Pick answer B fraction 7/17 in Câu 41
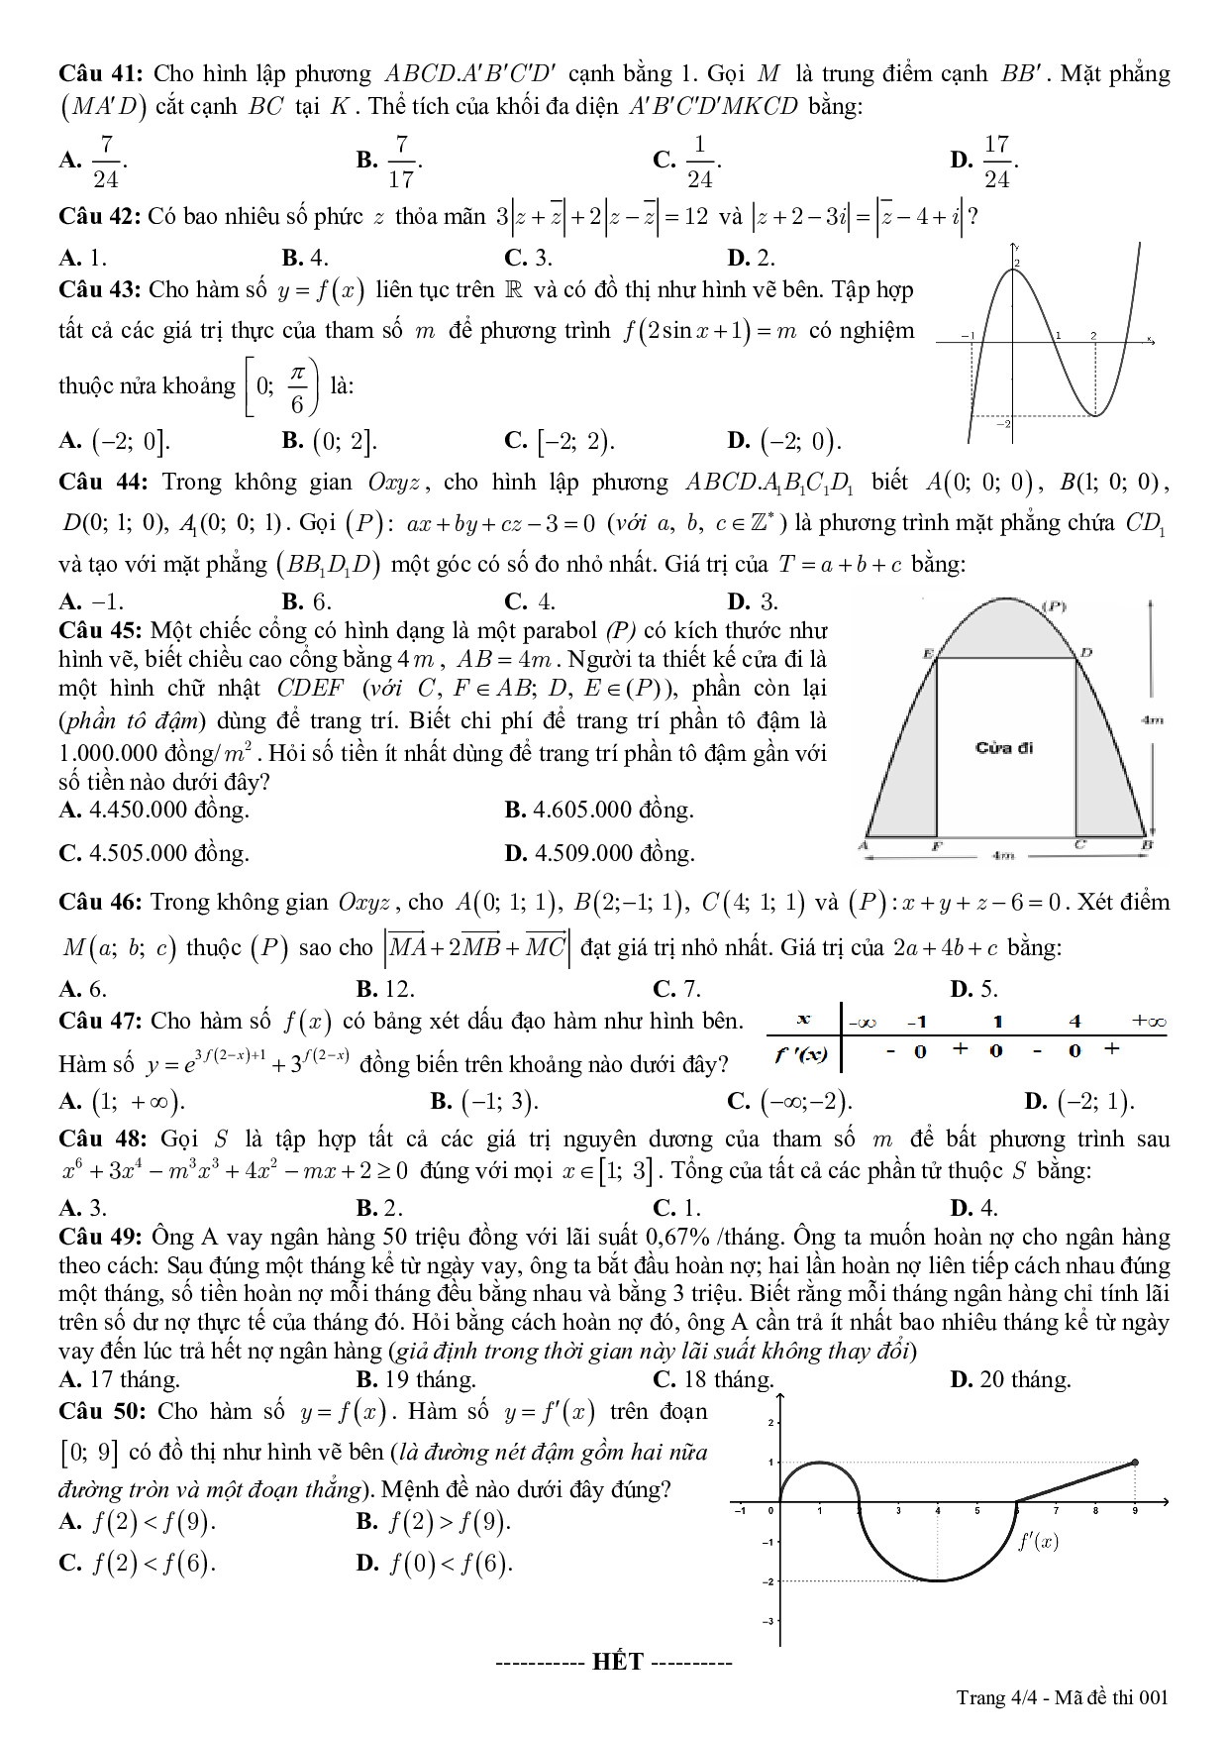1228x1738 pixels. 390,161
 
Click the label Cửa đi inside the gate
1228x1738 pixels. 1003,747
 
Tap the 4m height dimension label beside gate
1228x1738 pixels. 1151,720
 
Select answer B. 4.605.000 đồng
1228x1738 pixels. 599,811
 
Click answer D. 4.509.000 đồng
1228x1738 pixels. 599,853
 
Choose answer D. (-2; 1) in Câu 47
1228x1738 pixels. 1079,1101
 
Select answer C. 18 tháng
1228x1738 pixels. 713,1379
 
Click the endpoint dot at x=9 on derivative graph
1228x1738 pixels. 1135,1462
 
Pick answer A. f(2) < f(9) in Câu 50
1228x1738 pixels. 138,1522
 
